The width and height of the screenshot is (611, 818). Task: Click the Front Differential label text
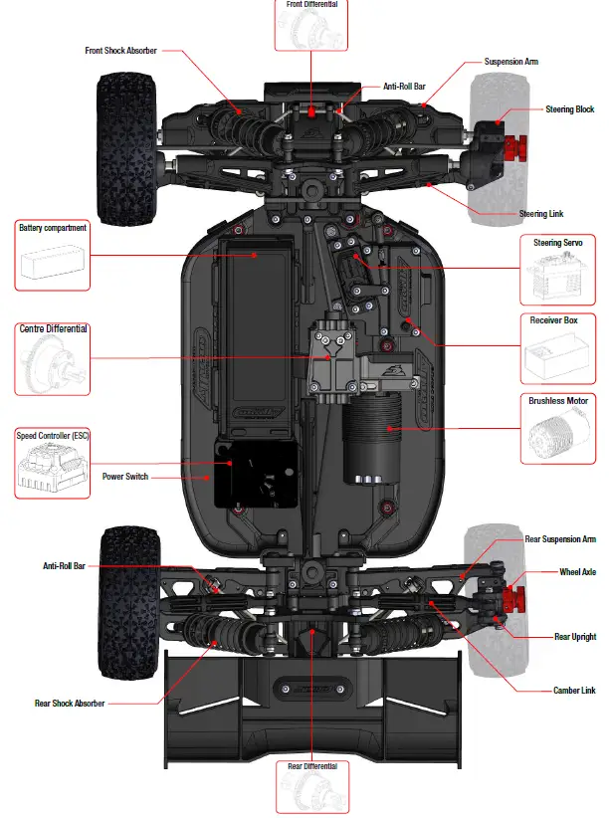(x=311, y=5)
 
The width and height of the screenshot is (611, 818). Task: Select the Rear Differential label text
(x=311, y=766)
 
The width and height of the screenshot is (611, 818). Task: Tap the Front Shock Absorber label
(x=120, y=50)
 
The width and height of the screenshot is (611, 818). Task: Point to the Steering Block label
(x=569, y=109)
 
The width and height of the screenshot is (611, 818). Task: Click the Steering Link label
(x=541, y=214)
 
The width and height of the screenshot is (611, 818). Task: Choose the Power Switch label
(x=125, y=477)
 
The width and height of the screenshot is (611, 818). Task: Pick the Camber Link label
(x=574, y=690)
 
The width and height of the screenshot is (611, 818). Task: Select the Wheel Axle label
(x=577, y=572)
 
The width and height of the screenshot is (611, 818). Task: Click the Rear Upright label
(x=575, y=636)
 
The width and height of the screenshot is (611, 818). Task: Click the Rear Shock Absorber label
(x=70, y=704)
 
